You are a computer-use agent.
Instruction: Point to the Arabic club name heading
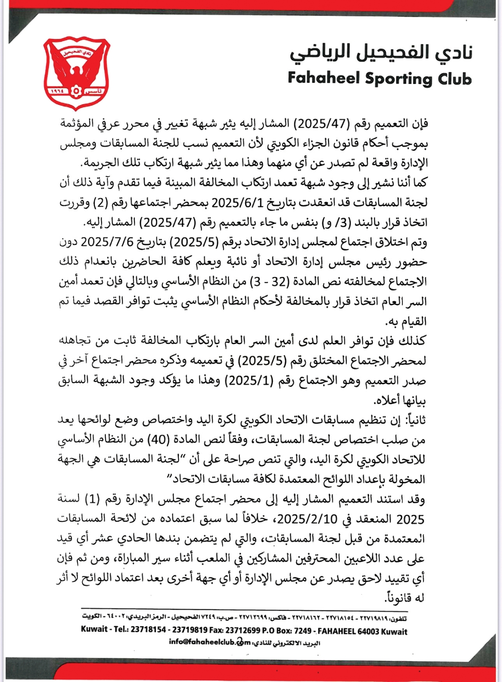[x=381, y=54]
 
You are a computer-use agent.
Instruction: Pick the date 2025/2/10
[x=307, y=519]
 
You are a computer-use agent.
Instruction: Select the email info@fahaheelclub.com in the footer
[x=210, y=642]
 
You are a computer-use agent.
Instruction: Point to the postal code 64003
[x=374, y=631]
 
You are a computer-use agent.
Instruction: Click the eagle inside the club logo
[x=77, y=71]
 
